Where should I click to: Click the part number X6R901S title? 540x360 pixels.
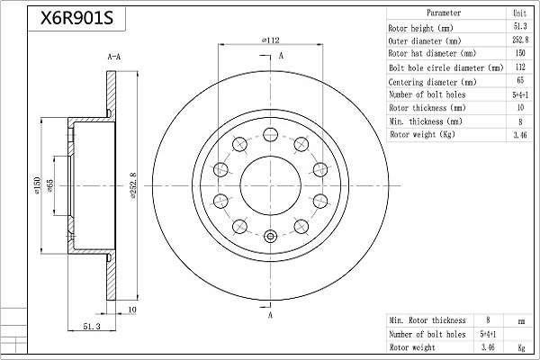point(76,18)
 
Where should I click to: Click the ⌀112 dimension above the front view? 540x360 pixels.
point(271,40)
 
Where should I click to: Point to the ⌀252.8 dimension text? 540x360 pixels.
point(133,186)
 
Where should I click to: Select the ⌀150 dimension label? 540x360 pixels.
point(38,185)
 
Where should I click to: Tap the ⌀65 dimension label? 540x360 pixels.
point(49,185)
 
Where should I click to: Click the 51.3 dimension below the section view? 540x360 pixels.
point(92,326)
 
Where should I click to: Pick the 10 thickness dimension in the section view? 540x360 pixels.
point(132,310)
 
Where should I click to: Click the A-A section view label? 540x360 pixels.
point(114,57)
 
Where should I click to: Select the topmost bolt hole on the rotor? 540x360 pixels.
point(271,135)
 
